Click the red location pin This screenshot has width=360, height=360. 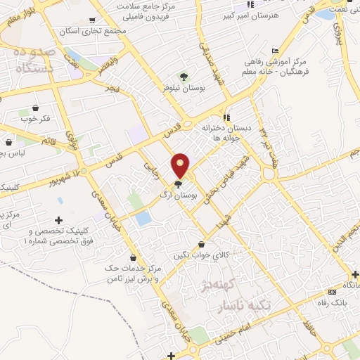coord(181,165)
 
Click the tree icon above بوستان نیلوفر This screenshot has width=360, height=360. coord(184,77)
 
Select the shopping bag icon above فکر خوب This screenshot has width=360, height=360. coord(35,109)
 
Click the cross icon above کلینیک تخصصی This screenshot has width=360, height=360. coord(58,221)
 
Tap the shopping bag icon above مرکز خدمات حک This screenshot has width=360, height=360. coord(133,257)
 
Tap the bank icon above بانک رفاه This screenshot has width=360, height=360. coord(354,274)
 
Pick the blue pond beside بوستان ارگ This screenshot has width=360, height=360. coord(143,218)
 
